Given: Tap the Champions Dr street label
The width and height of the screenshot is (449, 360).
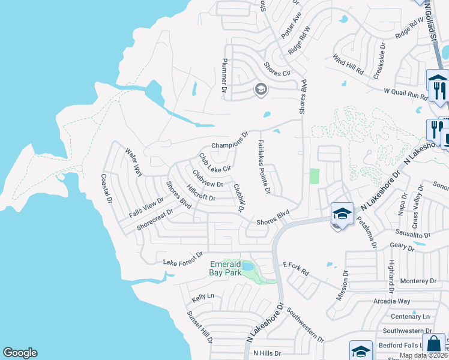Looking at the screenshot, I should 230,142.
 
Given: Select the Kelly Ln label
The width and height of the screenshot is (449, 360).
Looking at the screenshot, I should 203,296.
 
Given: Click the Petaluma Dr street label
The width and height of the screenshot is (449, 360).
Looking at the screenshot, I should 367,229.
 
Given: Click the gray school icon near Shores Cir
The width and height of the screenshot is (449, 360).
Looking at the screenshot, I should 261,90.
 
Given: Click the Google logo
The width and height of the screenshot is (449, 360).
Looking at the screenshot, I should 20,353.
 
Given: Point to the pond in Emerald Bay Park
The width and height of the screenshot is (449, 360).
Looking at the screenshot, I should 247,266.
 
